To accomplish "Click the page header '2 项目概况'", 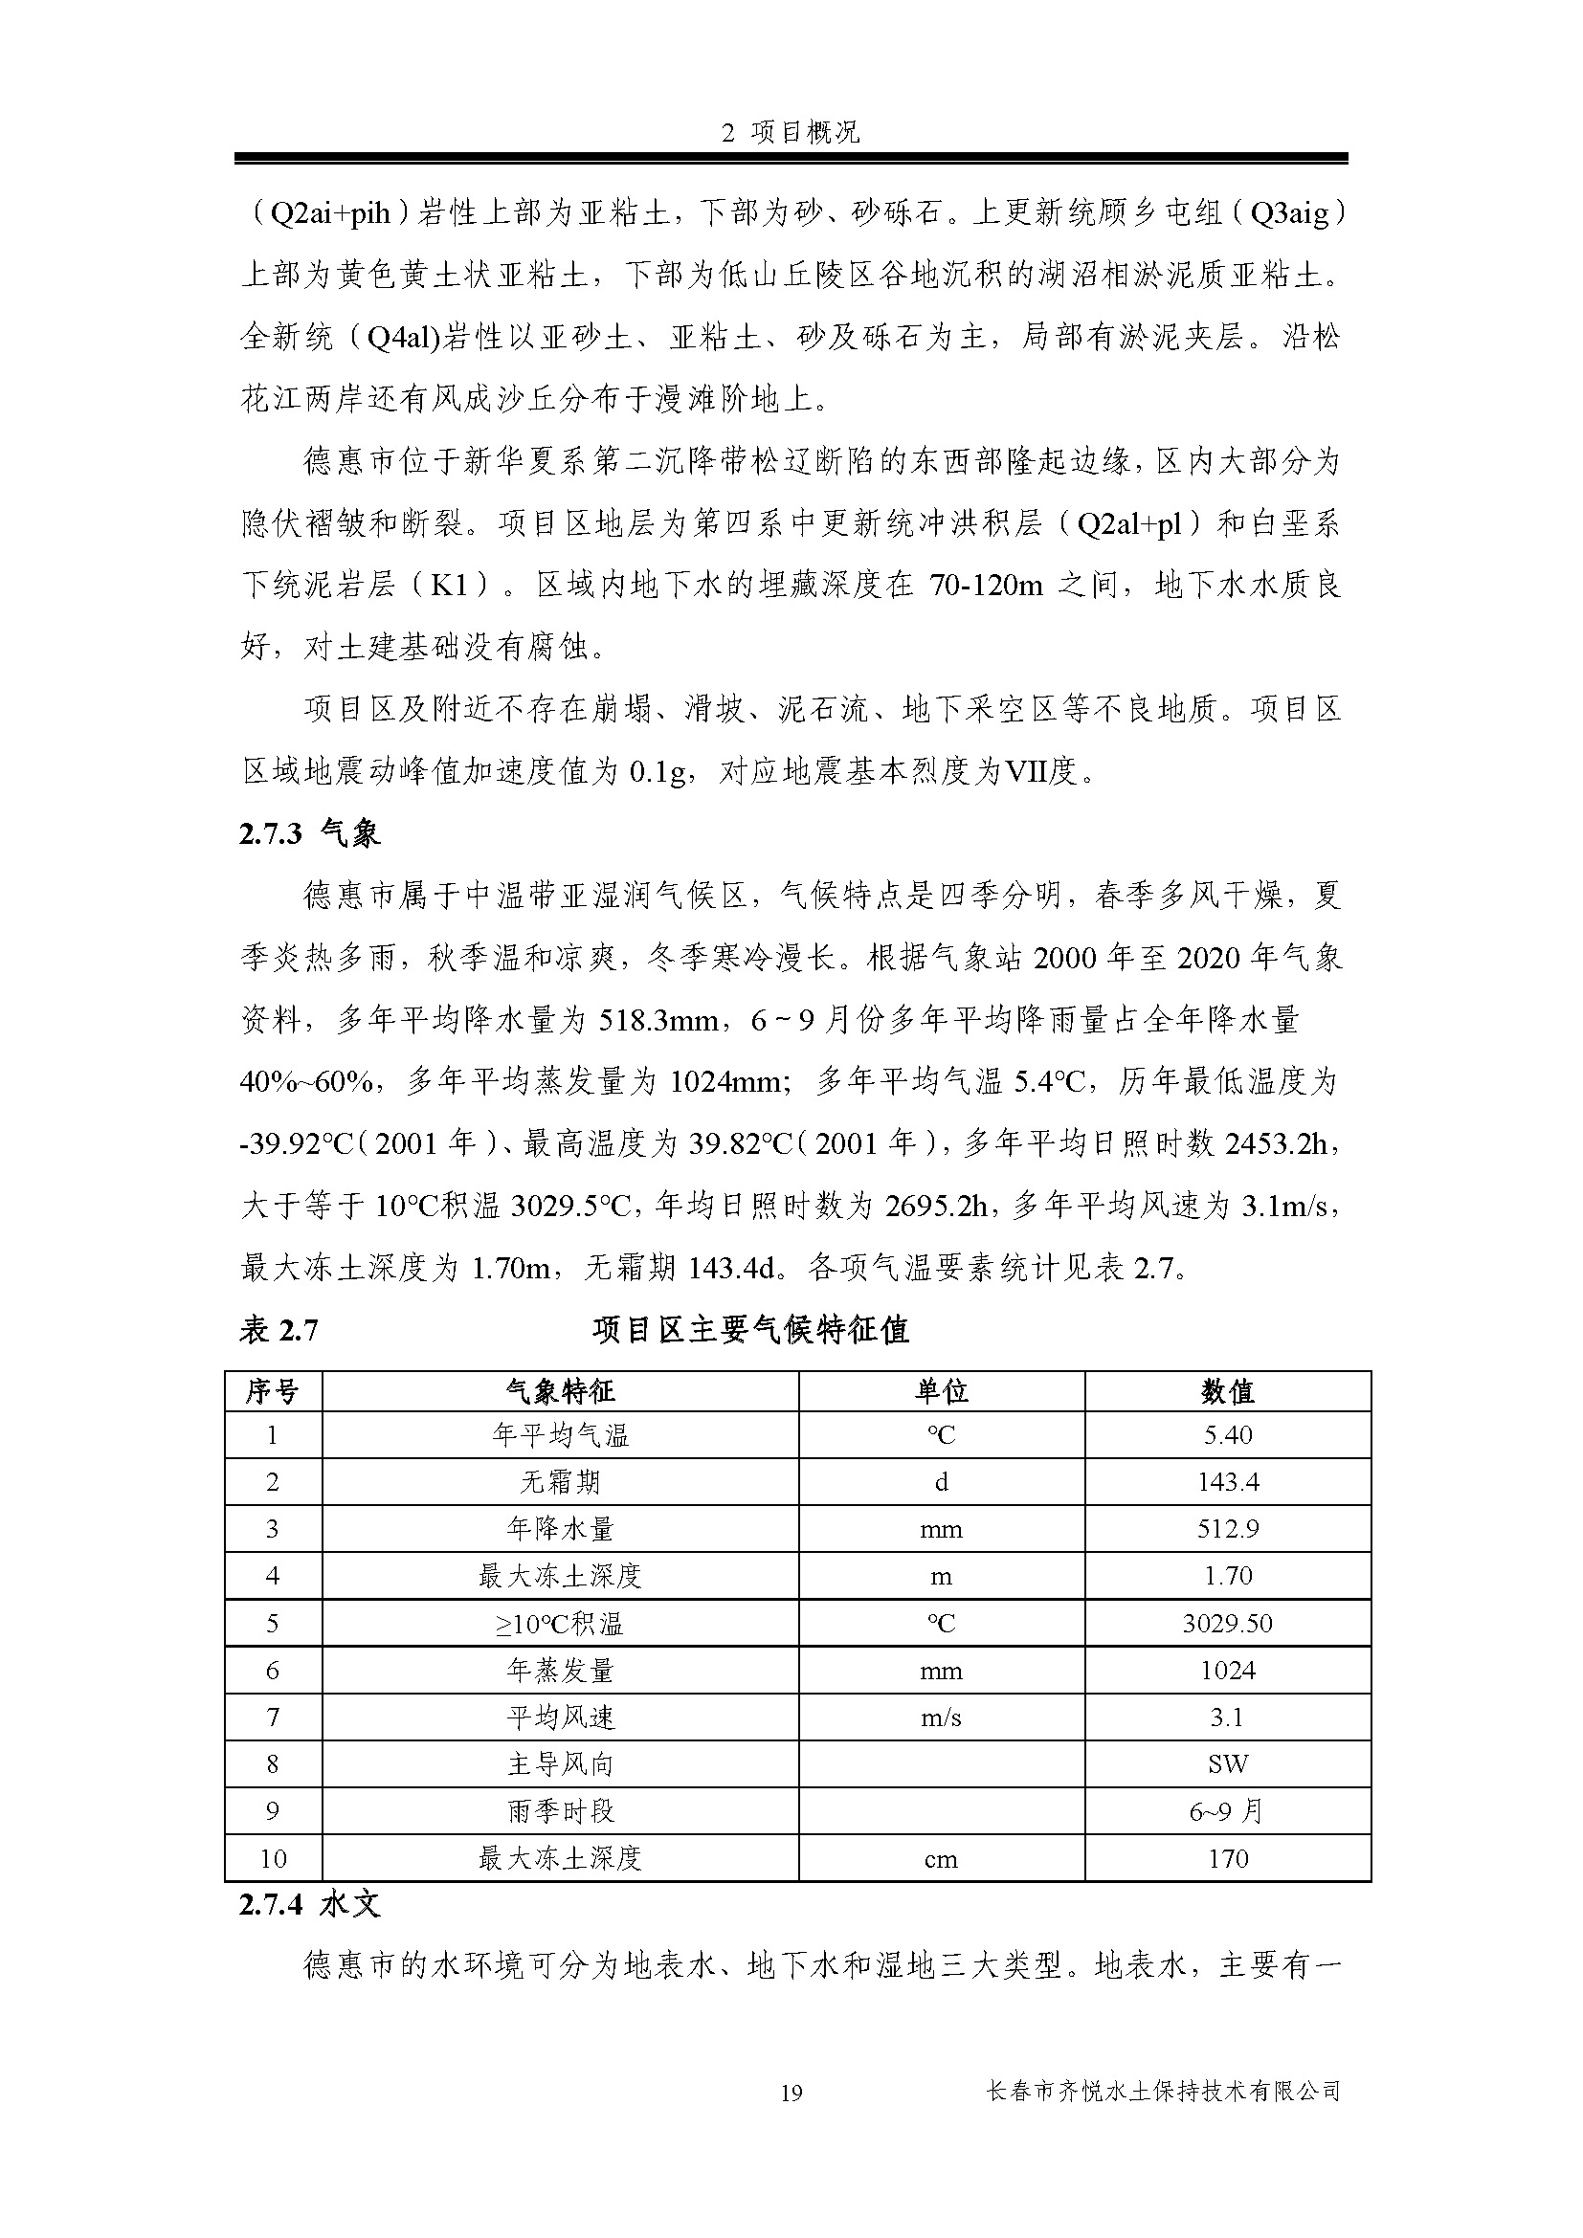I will click(x=791, y=134).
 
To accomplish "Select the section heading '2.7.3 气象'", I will click(x=309, y=833).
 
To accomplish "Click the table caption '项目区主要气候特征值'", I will click(x=750, y=1330).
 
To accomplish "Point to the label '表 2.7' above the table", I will click(x=279, y=1331).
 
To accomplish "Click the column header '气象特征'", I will click(x=561, y=1392).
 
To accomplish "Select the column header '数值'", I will click(x=1227, y=1392).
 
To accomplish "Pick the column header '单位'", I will click(x=941, y=1392).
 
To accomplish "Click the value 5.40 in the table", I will click(x=1227, y=1435).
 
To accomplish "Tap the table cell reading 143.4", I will click(x=1227, y=1481).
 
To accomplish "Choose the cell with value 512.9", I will click(x=1227, y=1528).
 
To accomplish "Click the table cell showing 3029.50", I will click(x=1227, y=1623).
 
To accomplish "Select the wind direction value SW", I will click(x=1227, y=1763).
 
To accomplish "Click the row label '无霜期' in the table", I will click(x=561, y=1481).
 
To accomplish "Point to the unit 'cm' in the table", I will click(x=941, y=1859).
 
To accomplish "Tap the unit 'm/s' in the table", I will click(x=941, y=1717).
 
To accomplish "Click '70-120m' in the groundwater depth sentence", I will click(x=986, y=585).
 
